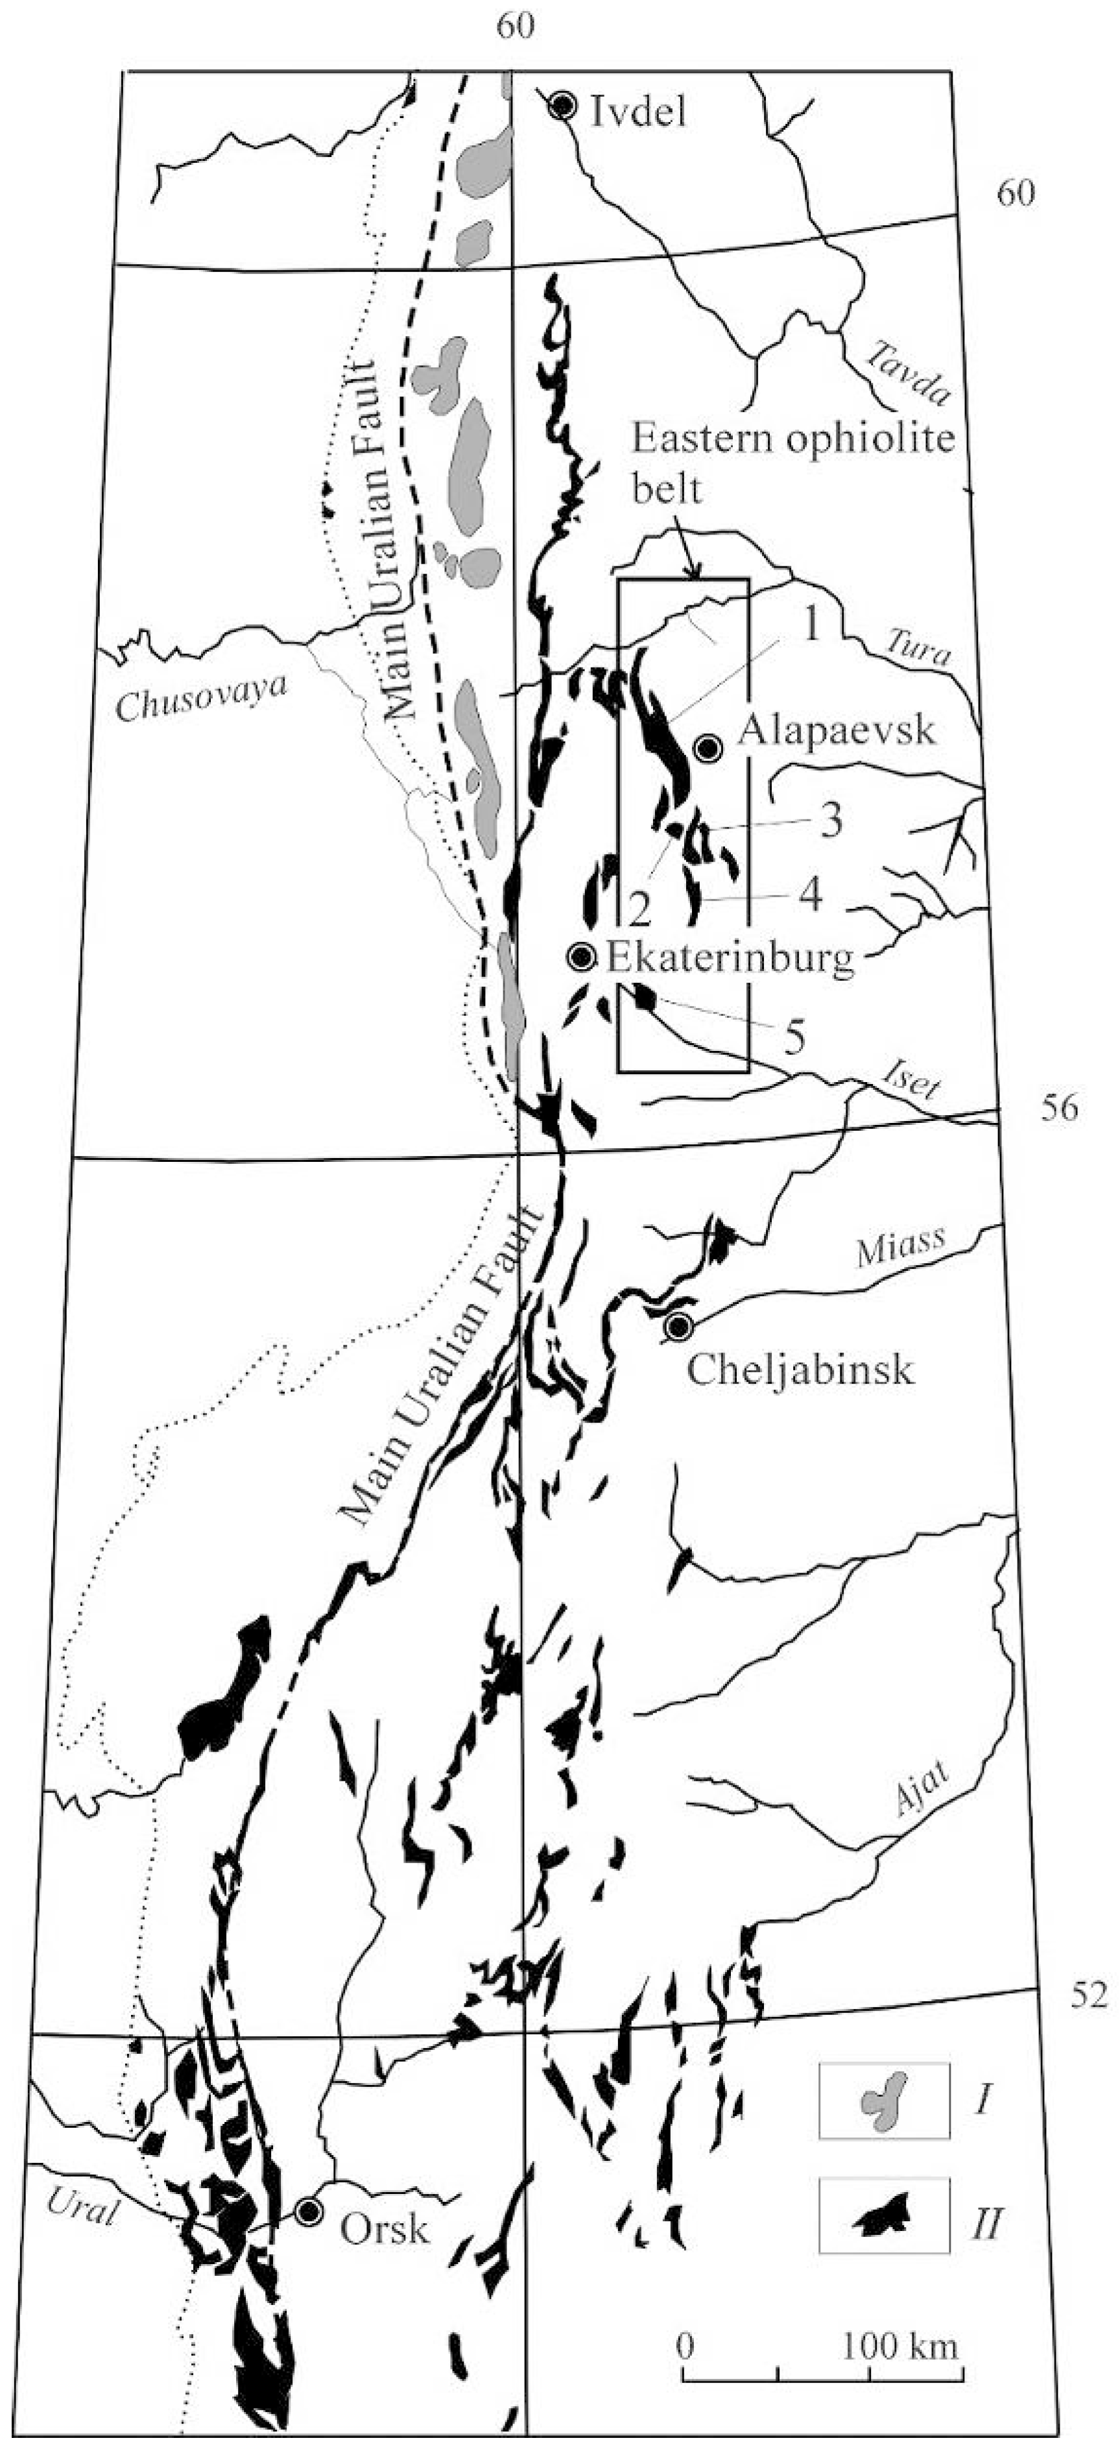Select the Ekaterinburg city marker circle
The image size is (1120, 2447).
(x=580, y=958)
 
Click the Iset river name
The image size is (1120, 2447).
(x=910, y=1082)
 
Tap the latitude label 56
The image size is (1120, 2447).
(x=1057, y=1109)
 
